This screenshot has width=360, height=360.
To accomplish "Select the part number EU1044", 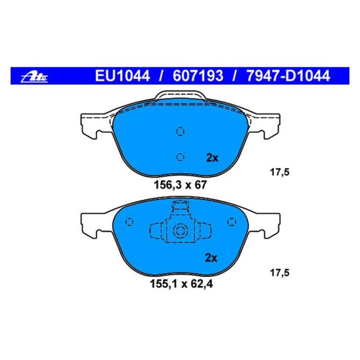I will pos(122,76).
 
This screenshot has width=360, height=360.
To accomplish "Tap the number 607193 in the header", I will pos(197,76).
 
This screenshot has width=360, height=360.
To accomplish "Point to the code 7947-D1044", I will pos(286,76).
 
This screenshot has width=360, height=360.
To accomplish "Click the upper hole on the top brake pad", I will pos(180,131).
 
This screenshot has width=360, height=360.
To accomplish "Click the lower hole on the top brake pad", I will pos(180,157).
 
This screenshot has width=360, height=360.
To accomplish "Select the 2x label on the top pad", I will pos(211,158).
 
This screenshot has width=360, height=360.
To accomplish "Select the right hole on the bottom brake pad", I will pos(231,222).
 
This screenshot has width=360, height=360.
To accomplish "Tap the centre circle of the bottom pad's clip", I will pos(180,231).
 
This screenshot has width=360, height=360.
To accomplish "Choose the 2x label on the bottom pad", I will pos(211,258).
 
